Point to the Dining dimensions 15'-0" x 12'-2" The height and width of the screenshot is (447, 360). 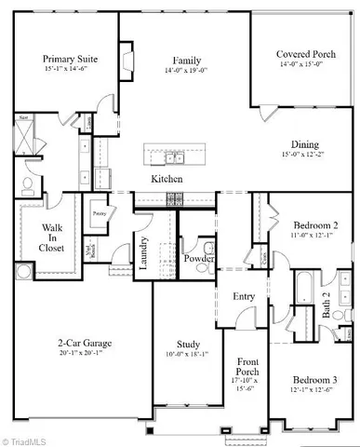point(306,155)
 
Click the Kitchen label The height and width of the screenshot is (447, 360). point(167,178)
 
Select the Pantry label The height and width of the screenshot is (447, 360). point(99,213)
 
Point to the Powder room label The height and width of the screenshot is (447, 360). point(199,259)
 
